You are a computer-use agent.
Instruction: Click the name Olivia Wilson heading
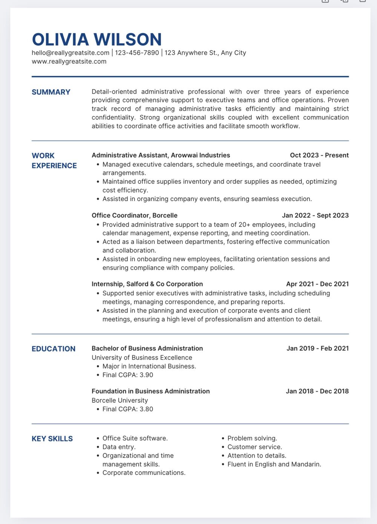(x=97, y=40)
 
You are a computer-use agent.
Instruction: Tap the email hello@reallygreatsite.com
(x=70, y=53)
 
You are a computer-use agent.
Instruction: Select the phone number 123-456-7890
(x=137, y=53)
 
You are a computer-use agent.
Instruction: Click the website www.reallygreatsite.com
(x=69, y=61)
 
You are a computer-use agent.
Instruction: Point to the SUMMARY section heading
(x=51, y=92)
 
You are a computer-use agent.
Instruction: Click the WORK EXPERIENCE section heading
(x=54, y=161)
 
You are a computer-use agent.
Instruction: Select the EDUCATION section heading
(x=54, y=349)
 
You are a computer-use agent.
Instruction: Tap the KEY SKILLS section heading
(x=52, y=439)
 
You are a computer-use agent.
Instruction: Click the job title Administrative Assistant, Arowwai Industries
(x=161, y=155)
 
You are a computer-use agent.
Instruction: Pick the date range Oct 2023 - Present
(x=319, y=155)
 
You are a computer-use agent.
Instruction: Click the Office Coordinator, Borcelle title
(x=134, y=215)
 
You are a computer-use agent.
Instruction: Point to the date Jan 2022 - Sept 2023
(x=315, y=215)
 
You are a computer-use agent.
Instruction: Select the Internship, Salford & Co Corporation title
(x=147, y=284)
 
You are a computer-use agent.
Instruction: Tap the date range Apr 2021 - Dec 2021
(x=317, y=284)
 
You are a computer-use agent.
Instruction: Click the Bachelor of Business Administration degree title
(x=147, y=349)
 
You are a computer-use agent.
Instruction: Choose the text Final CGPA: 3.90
(x=128, y=375)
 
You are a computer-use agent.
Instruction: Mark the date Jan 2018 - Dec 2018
(x=317, y=391)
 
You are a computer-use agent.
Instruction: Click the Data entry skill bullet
(x=119, y=447)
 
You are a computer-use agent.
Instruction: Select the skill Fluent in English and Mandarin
(x=274, y=464)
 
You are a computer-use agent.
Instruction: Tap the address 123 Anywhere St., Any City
(x=205, y=53)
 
